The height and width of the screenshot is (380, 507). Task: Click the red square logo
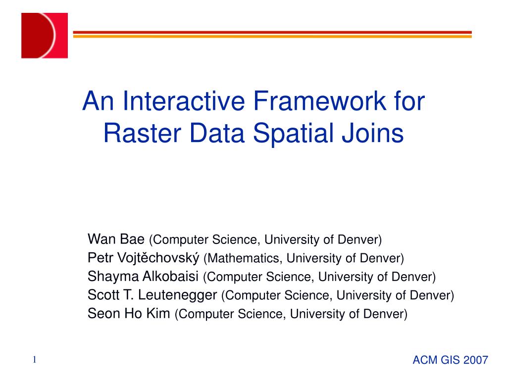[x=45, y=36]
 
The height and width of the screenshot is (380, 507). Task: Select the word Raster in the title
[x=142, y=133]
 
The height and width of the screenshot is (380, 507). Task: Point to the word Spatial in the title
[x=293, y=134]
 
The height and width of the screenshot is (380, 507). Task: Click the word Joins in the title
[x=373, y=133]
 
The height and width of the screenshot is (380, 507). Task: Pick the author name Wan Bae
[x=116, y=239]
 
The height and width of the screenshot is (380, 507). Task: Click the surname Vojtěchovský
[x=158, y=258]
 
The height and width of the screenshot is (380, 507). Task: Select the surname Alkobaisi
[x=170, y=276]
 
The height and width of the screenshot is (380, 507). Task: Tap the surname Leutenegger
[x=177, y=295]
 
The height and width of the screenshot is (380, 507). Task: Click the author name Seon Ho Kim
[x=129, y=313]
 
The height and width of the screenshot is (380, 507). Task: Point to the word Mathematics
[x=244, y=258]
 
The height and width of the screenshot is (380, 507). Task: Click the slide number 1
[x=35, y=360]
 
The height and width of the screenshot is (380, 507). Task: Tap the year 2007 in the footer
[x=475, y=360]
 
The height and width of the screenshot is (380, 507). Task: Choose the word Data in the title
[x=217, y=133]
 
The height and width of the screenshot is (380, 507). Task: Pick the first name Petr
[x=100, y=258]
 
